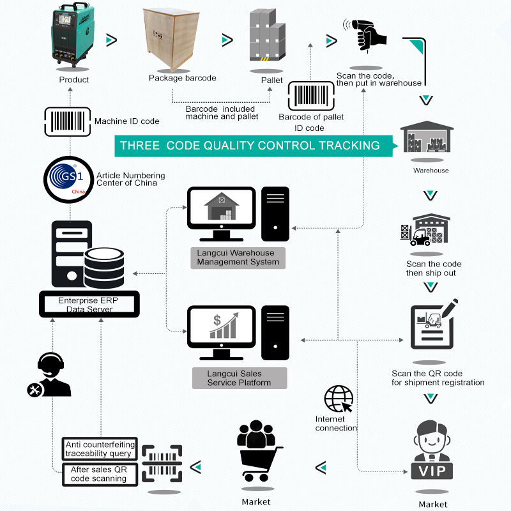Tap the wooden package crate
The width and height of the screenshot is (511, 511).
(x=171, y=38)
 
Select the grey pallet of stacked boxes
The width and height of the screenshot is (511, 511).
(x=267, y=35)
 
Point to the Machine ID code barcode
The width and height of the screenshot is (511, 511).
(x=68, y=121)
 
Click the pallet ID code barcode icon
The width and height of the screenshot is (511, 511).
(x=311, y=96)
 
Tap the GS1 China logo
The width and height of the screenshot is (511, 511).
(x=68, y=179)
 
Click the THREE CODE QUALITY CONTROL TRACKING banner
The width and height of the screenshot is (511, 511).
(x=254, y=146)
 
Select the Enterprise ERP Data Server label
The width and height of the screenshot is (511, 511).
(x=89, y=304)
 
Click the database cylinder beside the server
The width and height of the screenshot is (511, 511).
(x=104, y=268)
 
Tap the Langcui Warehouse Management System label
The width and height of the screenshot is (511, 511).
(x=238, y=257)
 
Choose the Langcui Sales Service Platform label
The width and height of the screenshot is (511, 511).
(x=240, y=378)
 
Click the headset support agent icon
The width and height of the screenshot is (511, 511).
(x=50, y=375)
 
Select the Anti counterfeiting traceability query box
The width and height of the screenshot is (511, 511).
(x=100, y=449)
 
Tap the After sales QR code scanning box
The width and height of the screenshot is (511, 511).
(x=100, y=474)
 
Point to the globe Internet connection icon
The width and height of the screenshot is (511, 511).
(x=339, y=399)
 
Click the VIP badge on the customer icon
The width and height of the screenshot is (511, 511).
(x=432, y=471)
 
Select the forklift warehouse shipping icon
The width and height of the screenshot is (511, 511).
(x=425, y=229)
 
